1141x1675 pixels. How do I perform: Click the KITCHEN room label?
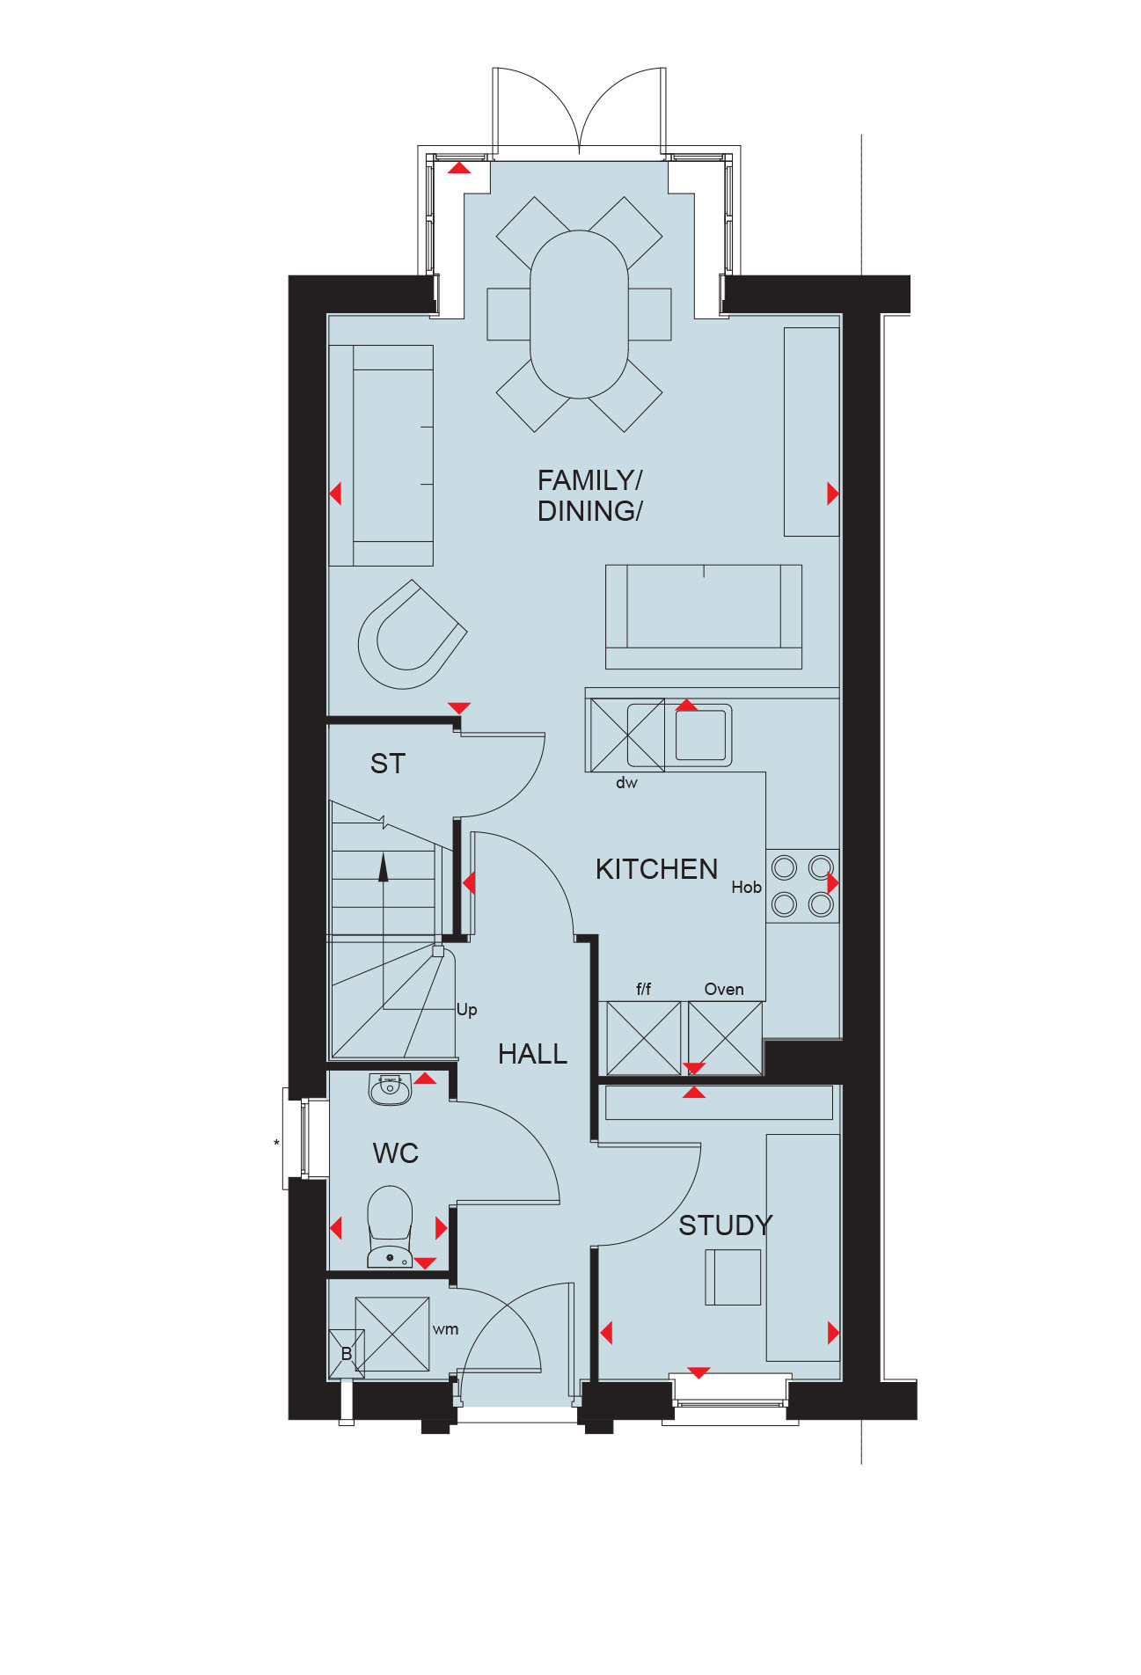point(656,869)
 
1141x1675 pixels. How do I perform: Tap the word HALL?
point(532,1054)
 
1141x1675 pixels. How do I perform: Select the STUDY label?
point(725,1225)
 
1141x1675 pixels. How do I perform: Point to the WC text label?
point(395,1153)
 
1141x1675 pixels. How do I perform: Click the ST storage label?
point(388,764)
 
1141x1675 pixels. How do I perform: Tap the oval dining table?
point(579,315)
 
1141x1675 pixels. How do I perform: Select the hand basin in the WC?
point(390,1089)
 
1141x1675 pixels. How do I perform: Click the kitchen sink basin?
point(701,735)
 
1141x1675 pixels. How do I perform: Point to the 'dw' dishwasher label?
point(626,783)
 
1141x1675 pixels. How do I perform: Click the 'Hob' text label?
point(746,888)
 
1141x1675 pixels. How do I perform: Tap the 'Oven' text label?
point(724,990)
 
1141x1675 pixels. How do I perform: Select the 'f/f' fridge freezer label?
point(643,990)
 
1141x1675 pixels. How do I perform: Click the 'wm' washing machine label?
point(445,1329)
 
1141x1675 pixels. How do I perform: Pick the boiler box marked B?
point(347,1354)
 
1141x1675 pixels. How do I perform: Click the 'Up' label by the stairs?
point(466,1010)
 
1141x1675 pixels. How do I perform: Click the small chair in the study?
point(733,1276)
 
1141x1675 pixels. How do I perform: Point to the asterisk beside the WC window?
point(276,1144)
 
